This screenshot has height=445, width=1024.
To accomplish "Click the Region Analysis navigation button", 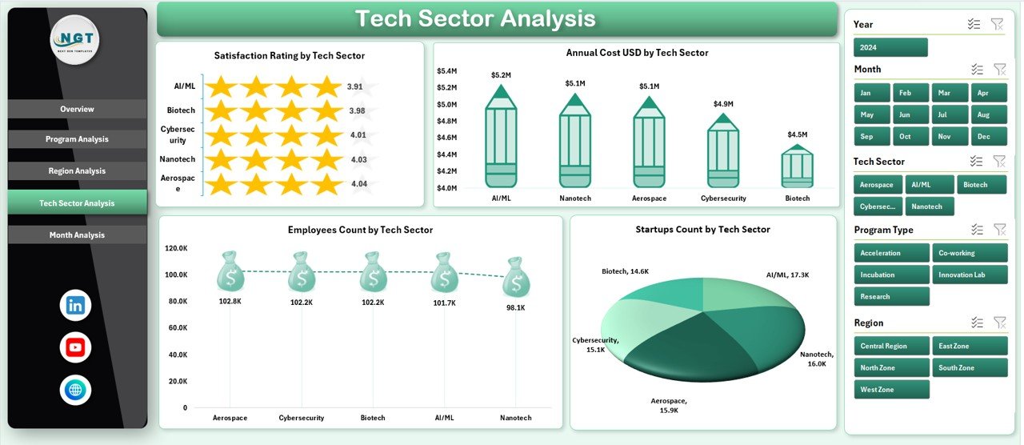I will click(77, 171).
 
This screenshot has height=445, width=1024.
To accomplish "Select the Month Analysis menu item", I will click(77, 235).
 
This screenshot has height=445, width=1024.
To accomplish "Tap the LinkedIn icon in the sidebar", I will click(75, 305).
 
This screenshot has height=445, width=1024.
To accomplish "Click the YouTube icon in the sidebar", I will click(75, 347).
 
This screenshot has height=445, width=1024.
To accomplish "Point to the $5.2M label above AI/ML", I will click(501, 75).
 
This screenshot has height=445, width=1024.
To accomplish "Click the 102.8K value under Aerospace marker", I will click(230, 302).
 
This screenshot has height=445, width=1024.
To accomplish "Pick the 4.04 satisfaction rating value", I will click(359, 184).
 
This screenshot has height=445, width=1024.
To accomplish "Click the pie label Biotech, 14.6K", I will click(626, 271).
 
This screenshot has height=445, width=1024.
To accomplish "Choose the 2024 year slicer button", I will click(890, 47).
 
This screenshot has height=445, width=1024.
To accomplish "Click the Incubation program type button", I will click(891, 275).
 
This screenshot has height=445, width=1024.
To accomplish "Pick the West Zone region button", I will click(891, 390).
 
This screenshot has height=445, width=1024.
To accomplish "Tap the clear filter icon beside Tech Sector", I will click(998, 162).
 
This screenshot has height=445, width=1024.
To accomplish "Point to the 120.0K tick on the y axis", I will click(176, 248).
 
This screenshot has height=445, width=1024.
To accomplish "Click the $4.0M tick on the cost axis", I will click(446, 188).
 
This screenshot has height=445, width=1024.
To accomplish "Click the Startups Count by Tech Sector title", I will click(702, 230).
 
